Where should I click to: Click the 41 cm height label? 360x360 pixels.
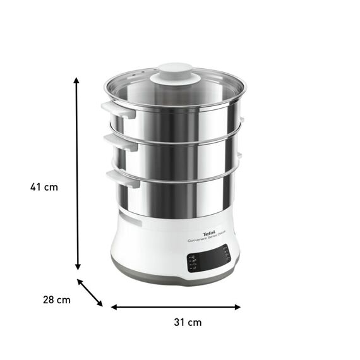[44, 186]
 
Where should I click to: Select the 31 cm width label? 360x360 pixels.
[188, 322]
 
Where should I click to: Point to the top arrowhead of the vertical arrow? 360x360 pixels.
[77, 81]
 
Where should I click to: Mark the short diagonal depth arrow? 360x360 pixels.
[90, 293]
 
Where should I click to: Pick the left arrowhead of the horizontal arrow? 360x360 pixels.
[114, 307]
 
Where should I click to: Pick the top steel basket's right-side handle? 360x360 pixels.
[241, 120]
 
